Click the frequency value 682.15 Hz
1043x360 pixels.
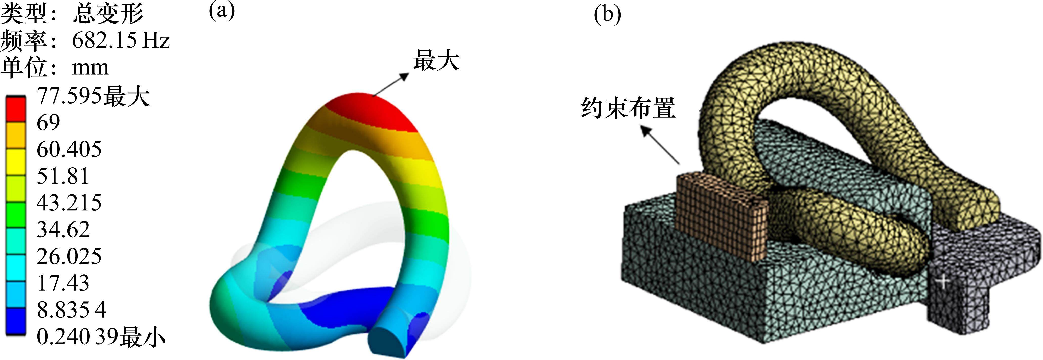[120, 40]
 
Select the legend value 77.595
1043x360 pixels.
[69, 96]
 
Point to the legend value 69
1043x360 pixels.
[48, 122]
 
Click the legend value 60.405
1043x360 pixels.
[69, 149]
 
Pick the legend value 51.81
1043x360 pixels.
[62, 176]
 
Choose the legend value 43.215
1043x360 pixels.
[69, 202]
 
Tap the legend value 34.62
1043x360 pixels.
[63, 230]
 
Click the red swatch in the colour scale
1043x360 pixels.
[15, 109]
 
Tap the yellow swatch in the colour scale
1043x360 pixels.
[15, 162]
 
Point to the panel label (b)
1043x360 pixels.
[607, 15]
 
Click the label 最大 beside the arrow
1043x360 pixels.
[436, 61]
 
